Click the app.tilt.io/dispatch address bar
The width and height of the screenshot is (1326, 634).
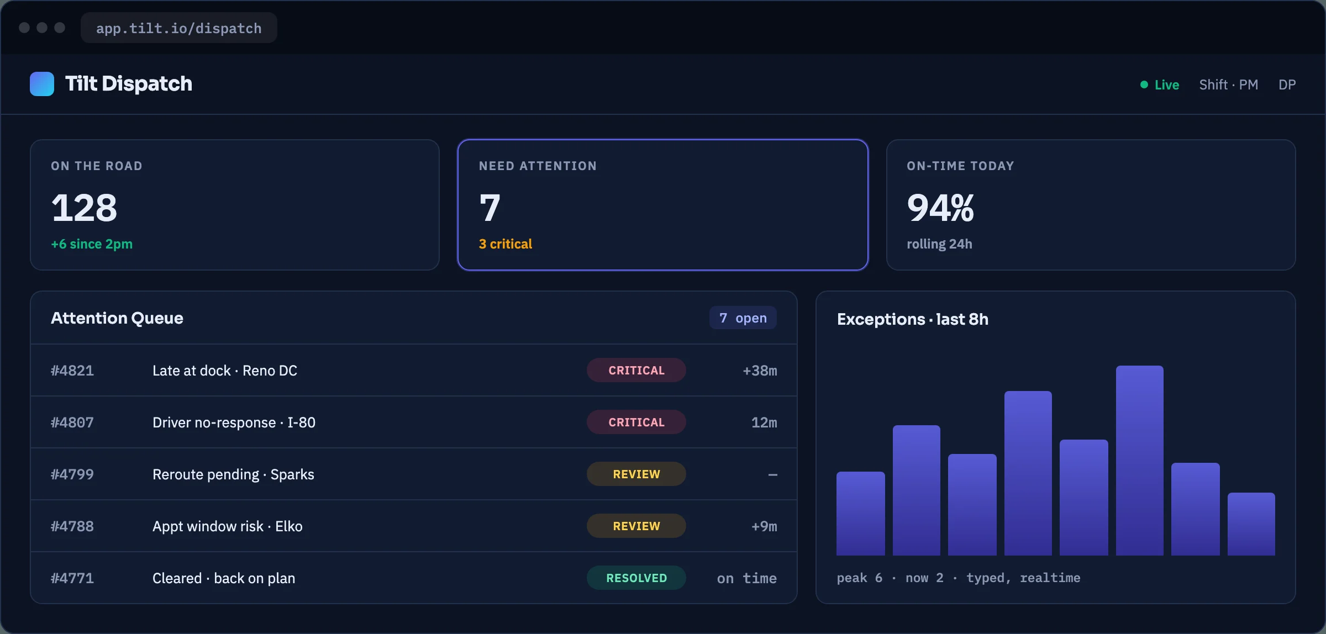178,28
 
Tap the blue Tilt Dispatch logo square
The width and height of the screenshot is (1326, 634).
42,84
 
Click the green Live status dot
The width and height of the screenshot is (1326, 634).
1144,84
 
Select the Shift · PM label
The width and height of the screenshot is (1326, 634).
1228,84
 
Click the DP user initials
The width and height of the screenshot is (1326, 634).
1287,84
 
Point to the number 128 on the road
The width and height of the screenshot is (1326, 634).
84,208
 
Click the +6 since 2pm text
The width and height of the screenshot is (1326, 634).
92,244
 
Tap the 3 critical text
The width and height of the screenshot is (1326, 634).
506,244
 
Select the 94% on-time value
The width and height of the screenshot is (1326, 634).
940,208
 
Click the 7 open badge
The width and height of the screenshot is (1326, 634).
743,318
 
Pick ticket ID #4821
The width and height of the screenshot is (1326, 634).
72,370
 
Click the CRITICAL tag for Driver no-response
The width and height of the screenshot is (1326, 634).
636,422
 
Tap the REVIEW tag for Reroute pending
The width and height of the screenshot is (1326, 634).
636,474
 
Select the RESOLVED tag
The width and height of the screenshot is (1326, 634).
636,578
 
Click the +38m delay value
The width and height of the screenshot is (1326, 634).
760,370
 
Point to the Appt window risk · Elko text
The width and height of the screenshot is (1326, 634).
228,526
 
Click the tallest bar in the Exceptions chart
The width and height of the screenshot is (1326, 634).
1140,461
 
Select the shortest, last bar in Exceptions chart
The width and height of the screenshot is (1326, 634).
1251,524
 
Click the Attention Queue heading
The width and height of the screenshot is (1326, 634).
117,318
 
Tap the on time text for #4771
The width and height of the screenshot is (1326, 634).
747,578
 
